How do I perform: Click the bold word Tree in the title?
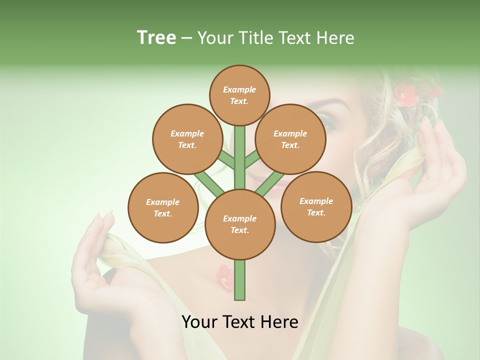[156, 37]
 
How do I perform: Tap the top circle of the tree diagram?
[239, 95]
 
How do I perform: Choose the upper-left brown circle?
[187, 139]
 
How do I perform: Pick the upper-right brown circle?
[290, 139]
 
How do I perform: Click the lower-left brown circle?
[162, 207]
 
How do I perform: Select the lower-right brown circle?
[316, 206]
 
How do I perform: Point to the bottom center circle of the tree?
[239, 224]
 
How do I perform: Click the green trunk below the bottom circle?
[239, 280]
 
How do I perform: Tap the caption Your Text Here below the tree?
[239, 322]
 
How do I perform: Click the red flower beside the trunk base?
[224, 276]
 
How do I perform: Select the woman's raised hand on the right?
[440, 165]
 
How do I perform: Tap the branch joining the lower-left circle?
[209, 182]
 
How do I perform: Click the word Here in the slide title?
[335, 38]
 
